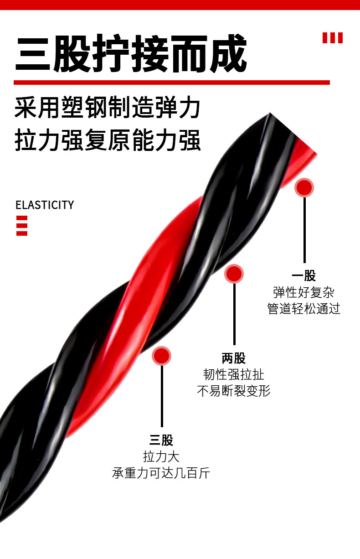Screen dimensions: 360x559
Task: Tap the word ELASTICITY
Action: [x=45, y=205]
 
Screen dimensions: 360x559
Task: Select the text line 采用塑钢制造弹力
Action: [x=108, y=109]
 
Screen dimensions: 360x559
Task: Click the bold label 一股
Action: [x=304, y=276]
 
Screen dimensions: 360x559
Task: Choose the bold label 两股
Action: [x=234, y=358]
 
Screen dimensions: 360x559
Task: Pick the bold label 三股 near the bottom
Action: [x=161, y=440]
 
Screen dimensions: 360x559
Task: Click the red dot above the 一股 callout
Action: [x=304, y=187]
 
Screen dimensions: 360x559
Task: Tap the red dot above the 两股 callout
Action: [x=234, y=274]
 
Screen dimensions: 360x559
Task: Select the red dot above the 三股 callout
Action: [x=161, y=356]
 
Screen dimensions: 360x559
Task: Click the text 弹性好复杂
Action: [x=304, y=292]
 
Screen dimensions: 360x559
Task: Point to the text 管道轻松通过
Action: [x=304, y=309]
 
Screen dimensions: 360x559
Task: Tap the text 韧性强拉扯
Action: [x=234, y=375]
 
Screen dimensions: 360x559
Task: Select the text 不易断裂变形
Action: [x=234, y=391]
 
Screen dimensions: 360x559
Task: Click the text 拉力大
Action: [x=161, y=457]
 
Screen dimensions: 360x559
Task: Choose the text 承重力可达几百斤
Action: [x=161, y=473]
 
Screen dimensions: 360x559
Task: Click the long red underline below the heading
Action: [x=171, y=83]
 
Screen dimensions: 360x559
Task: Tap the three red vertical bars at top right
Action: [x=332, y=38]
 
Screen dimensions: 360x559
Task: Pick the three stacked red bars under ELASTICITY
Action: [x=22, y=226]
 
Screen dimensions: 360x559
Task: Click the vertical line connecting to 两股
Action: [x=234, y=315]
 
